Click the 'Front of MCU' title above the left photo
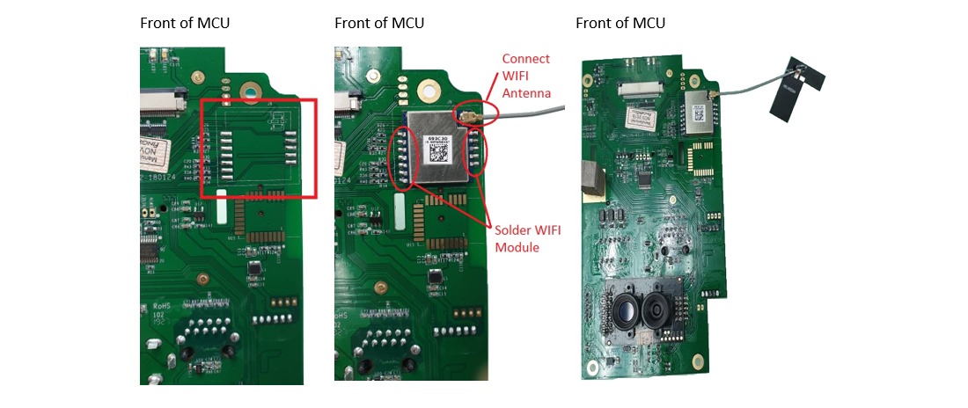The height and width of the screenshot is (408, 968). (x=185, y=23)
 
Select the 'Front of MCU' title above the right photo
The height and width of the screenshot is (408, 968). (x=620, y=23)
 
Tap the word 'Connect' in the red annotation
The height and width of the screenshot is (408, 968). (x=525, y=59)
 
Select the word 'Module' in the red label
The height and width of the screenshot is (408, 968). (x=517, y=248)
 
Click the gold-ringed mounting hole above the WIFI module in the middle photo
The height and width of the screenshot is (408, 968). (x=429, y=90)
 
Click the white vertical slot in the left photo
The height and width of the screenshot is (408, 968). (x=221, y=204)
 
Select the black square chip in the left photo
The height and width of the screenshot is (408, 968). (x=254, y=266)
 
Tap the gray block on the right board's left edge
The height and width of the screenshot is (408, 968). (x=590, y=178)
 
